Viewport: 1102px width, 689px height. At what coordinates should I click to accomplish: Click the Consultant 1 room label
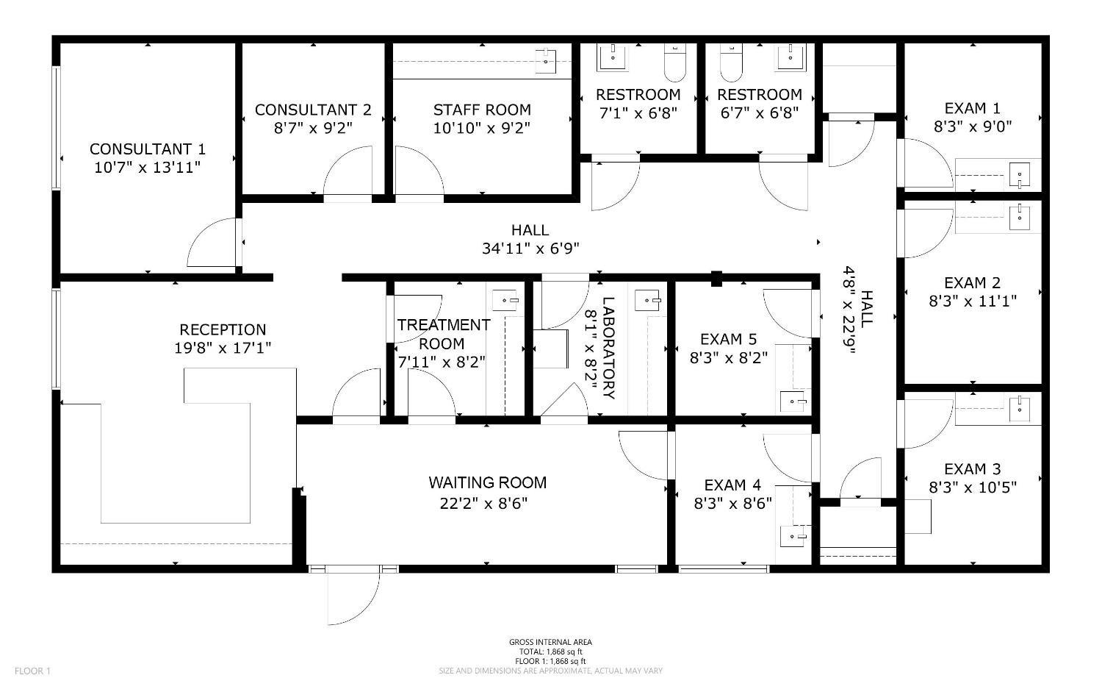point(147,149)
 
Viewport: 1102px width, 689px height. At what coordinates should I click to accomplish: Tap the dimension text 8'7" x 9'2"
point(313,127)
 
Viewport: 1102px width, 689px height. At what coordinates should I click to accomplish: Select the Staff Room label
point(482,110)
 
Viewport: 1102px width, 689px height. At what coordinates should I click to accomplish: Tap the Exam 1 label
point(972,108)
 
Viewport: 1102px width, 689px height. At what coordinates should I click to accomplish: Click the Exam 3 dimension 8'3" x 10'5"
point(973,487)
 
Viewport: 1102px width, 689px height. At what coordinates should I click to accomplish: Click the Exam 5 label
point(728,339)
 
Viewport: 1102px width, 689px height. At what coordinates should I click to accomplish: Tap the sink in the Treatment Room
point(505,300)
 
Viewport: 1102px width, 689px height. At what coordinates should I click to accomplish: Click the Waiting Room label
point(487,482)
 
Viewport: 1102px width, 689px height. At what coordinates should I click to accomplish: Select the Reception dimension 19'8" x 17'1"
point(223,348)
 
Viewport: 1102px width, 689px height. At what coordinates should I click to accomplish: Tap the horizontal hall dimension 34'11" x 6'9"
point(530,249)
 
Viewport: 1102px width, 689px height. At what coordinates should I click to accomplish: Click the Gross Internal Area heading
point(550,642)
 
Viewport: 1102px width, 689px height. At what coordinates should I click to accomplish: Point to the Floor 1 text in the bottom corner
point(32,671)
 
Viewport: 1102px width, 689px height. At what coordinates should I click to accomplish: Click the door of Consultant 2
point(347,174)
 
